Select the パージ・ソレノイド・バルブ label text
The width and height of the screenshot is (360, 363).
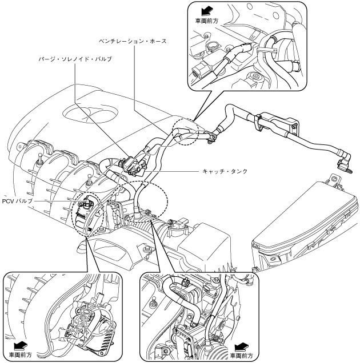tap(74, 59)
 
